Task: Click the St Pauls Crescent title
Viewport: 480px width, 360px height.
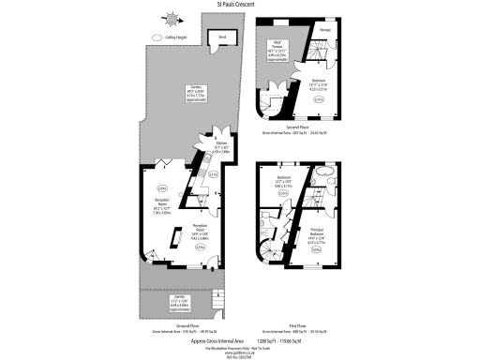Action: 240,5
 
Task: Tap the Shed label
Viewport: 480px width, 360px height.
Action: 221,37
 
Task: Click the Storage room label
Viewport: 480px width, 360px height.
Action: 323,29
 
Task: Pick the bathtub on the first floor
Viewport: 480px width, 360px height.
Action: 323,172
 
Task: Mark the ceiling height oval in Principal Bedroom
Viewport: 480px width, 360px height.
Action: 316,249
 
